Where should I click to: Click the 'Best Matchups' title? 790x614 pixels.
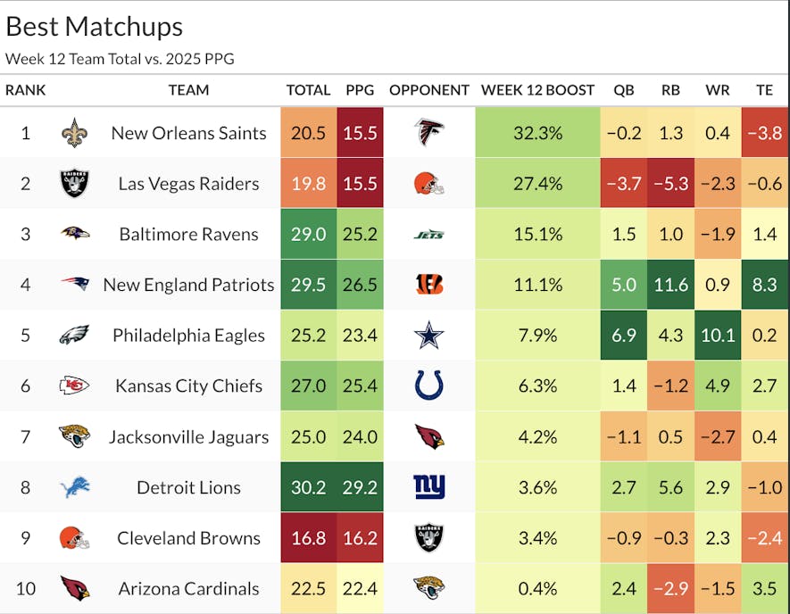tap(94, 26)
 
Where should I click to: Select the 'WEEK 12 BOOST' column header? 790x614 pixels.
tap(537, 90)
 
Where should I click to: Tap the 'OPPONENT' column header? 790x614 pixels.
tap(429, 90)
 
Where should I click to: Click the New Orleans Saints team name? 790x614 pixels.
tap(188, 133)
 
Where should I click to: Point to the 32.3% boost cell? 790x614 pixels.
tap(537, 133)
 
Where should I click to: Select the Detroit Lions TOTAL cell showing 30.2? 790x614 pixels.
tap(308, 487)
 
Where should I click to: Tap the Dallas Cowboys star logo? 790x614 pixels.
tap(429, 336)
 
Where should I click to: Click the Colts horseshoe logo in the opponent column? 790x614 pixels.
tap(429, 386)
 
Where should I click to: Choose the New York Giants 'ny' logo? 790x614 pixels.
tap(429, 487)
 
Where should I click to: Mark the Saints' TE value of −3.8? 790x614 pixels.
tap(765, 133)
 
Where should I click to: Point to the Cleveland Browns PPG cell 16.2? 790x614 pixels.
tap(360, 538)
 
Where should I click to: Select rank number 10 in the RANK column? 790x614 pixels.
tap(25, 589)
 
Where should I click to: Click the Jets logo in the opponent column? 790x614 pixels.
tap(429, 235)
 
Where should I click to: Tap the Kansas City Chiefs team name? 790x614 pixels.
tap(188, 386)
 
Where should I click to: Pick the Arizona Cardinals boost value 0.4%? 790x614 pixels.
tap(537, 589)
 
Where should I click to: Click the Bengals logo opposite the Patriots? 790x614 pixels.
tap(429, 285)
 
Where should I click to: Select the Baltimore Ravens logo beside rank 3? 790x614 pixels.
tap(75, 234)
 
